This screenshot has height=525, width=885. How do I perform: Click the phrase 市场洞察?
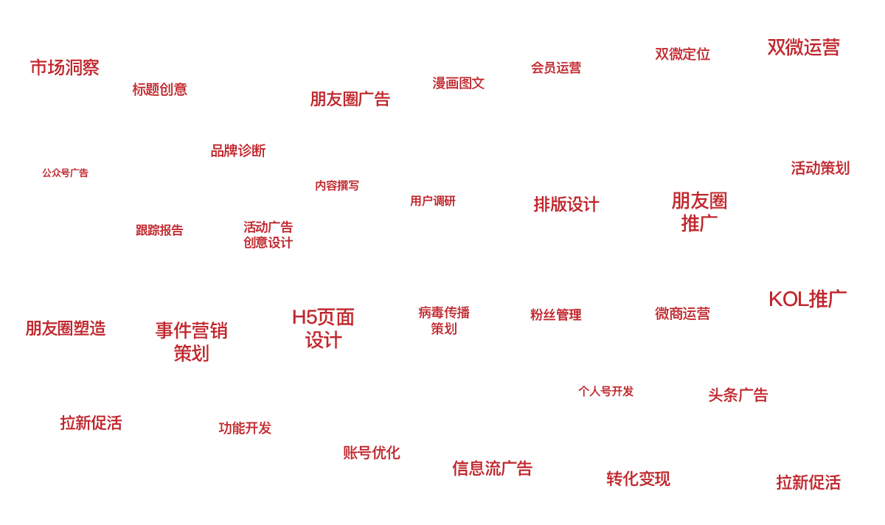(x=65, y=68)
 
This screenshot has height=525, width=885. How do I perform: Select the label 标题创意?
(x=159, y=90)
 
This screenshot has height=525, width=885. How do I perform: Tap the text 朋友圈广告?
(x=350, y=99)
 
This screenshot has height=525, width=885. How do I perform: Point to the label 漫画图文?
(x=458, y=83)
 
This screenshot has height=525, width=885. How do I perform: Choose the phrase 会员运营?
(x=556, y=68)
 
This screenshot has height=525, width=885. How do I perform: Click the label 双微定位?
(x=682, y=55)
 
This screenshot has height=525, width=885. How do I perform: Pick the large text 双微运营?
(x=803, y=48)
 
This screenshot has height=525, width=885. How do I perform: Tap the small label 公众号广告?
(x=65, y=173)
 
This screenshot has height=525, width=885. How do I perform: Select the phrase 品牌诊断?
(x=237, y=151)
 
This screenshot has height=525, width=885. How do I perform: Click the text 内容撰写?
(x=337, y=186)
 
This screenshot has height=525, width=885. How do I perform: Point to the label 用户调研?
(x=433, y=201)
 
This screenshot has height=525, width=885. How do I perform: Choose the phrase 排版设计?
(x=566, y=204)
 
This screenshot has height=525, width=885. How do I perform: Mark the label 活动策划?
(x=820, y=168)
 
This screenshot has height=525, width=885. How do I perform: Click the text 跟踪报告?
(x=159, y=231)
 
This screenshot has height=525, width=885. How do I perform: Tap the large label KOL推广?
(x=807, y=299)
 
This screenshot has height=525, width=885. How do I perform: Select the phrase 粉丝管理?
(x=555, y=315)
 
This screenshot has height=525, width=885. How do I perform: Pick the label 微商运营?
(x=682, y=314)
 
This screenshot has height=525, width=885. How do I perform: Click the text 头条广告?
(x=737, y=395)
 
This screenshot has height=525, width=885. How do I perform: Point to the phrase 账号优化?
(x=371, y=453)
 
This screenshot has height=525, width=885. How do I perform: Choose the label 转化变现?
(x=638, y=479)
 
